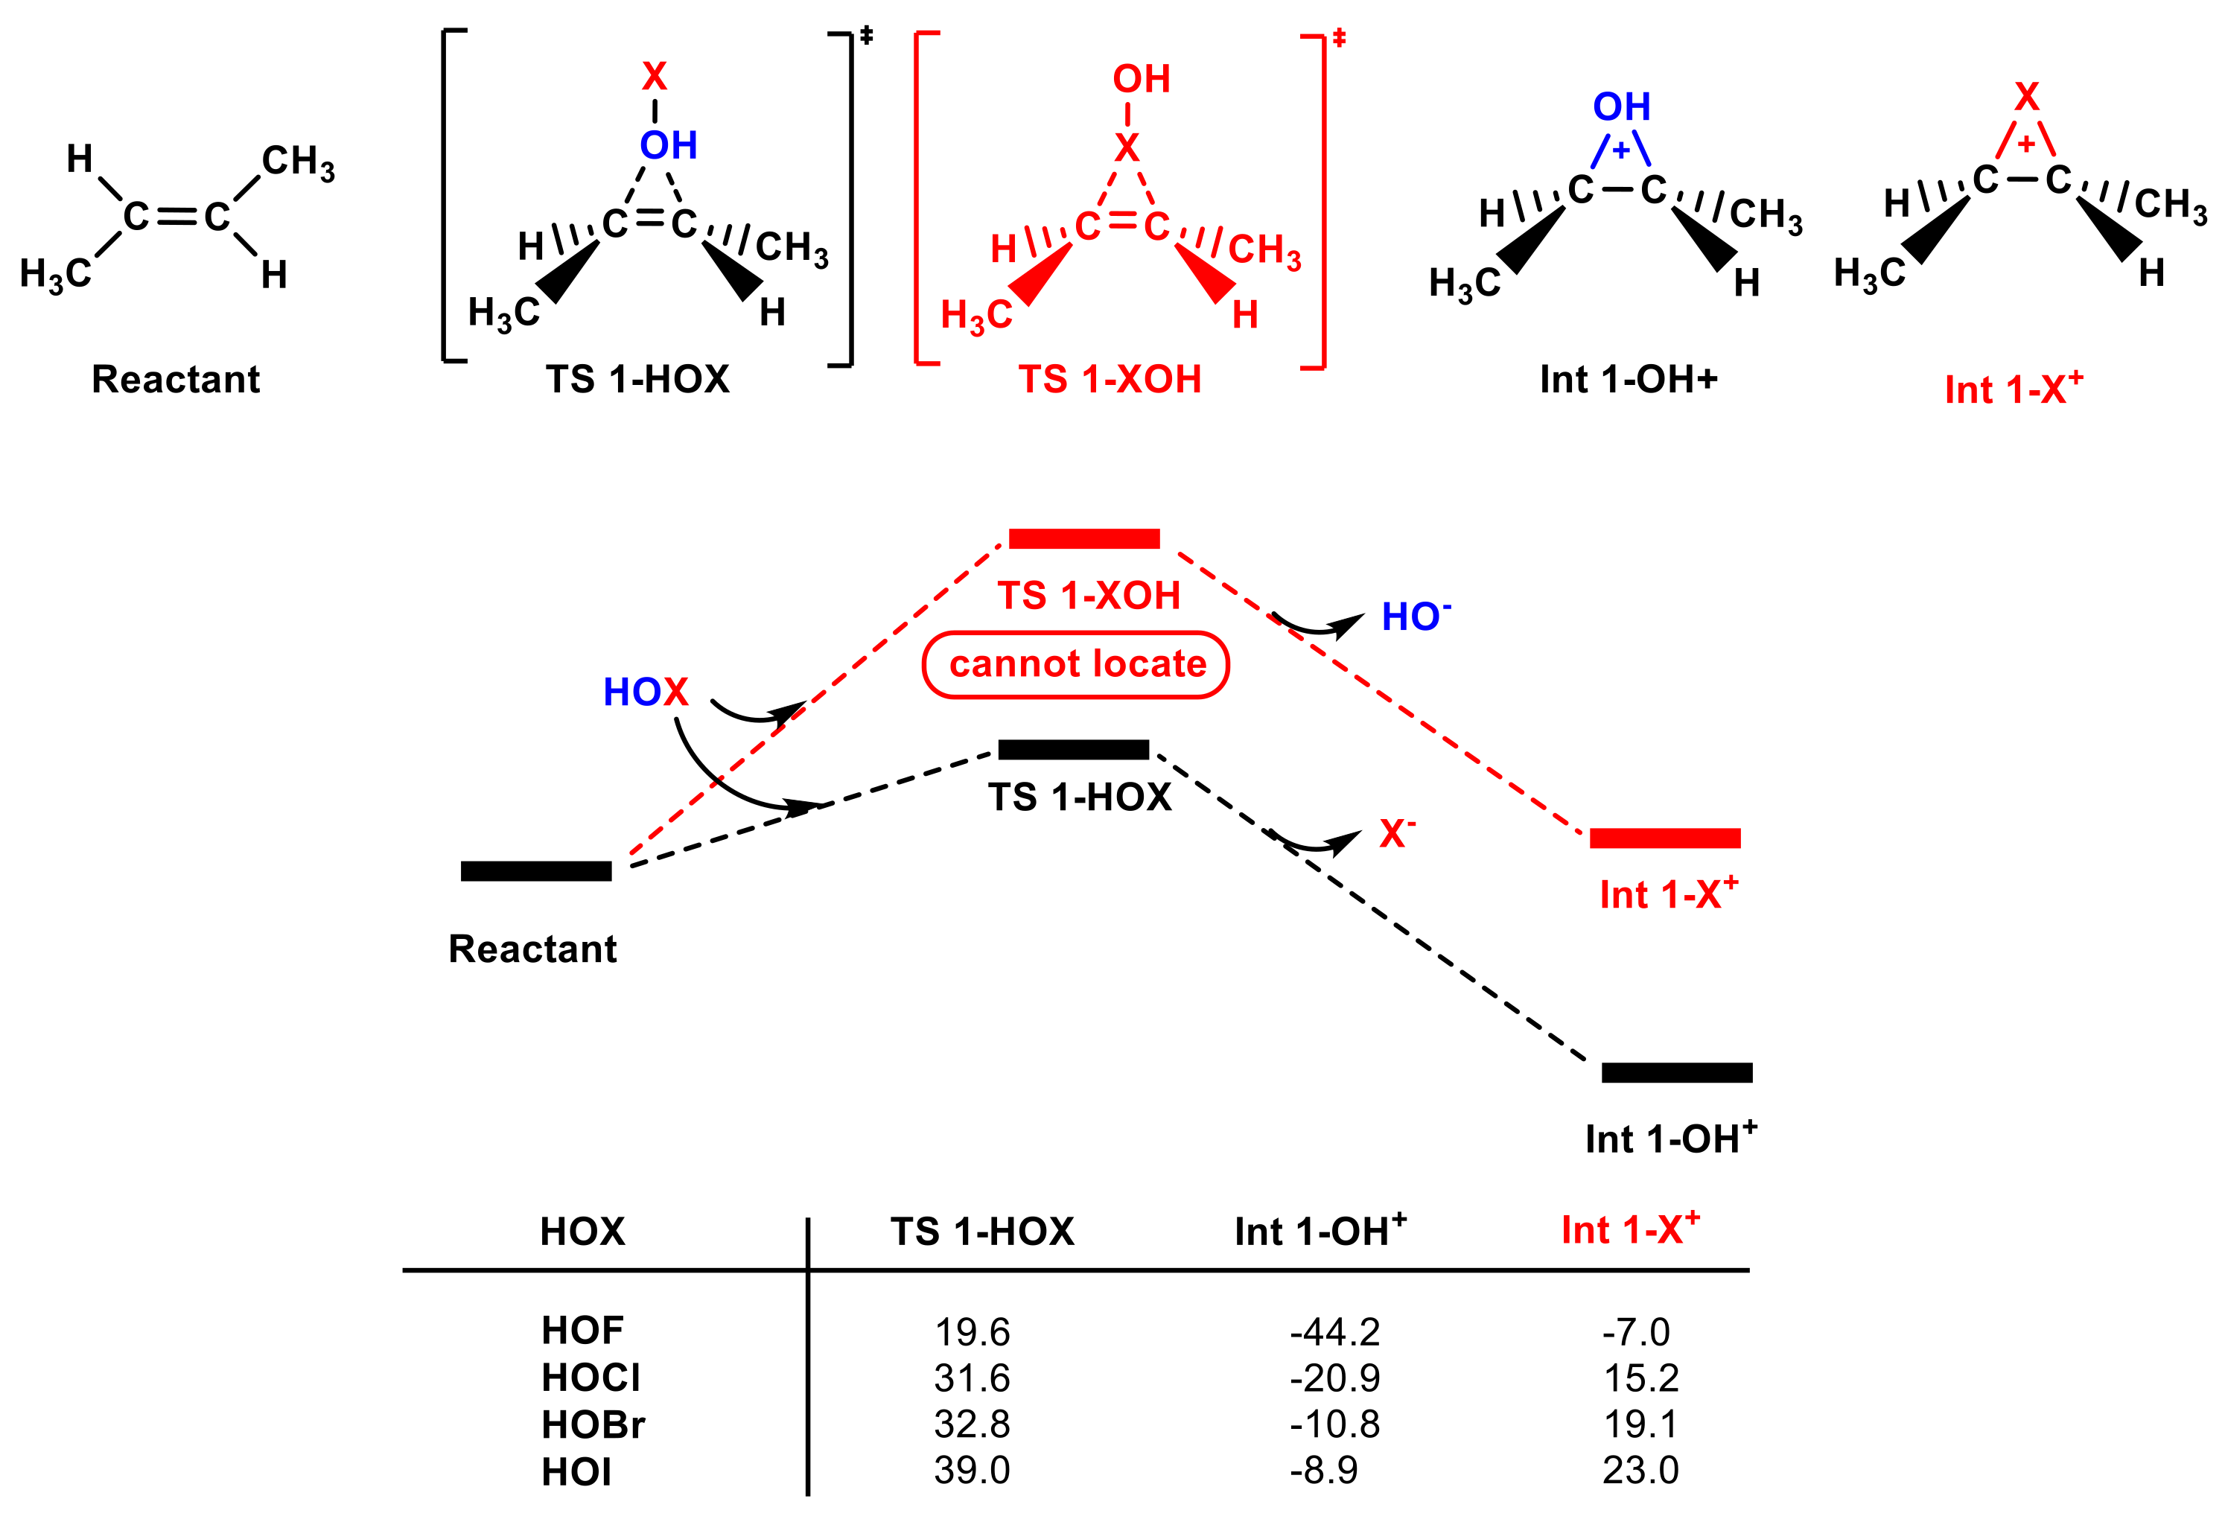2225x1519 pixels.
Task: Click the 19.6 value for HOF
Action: point(972,1331)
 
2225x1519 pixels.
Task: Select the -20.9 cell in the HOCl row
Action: point(1334,1378)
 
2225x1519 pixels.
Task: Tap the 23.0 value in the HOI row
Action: point(1640,1469)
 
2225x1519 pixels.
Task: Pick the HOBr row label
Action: point(593,1424)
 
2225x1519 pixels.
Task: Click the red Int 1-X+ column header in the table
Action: point(1629,1230)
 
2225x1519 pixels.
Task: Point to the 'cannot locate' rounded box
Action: point(1075,664)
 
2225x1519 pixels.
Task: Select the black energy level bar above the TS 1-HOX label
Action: point(1073,750)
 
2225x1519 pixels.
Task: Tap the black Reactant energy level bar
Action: point(536,871)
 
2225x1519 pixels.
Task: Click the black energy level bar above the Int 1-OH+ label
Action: point(1676,1072)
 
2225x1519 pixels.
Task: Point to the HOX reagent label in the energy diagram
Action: point(646,692)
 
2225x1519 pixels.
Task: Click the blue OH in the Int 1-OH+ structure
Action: point(1622,106)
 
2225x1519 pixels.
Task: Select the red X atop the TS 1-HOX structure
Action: point(654,76)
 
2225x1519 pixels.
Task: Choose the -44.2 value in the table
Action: point(1334,1331)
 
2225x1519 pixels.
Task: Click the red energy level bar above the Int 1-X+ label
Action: point(1664,838)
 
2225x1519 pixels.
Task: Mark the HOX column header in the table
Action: point(582,1231)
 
